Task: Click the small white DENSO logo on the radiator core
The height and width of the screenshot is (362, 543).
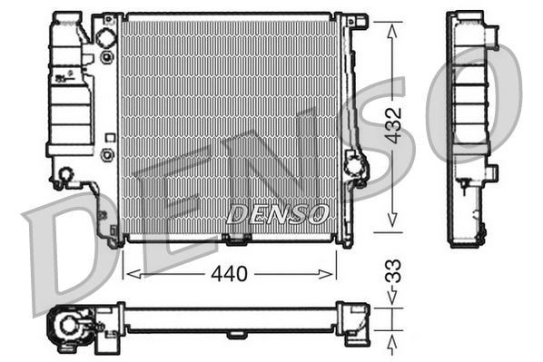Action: pyautogui.click(x=278, y=214)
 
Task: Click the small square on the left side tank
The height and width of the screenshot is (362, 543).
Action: pyautogui.click(x=109, y=138)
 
